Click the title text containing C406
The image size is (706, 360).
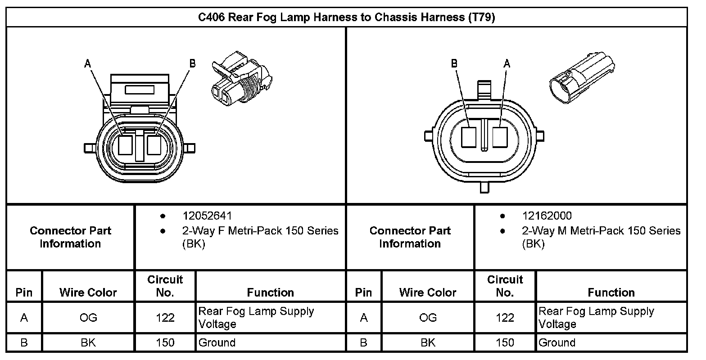tap(347, 18)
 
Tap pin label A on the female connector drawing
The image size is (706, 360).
tap(88, 64)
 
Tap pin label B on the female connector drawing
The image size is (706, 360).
tap(193, 63)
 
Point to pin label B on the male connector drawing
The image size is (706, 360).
tap(454, 63)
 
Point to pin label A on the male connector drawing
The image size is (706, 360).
tap(507, 63)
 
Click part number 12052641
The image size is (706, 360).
tap(207, 216)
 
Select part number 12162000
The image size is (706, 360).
tap(547, 216)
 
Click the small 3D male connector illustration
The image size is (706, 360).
tap(581, 78)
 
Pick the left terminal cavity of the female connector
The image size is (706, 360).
tap(125, 145)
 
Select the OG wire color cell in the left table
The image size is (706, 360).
tap(88, 318)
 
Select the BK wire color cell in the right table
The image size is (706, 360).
tap(428, 342)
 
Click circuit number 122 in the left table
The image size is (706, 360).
tap(165, 318)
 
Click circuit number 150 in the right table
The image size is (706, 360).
tap(505, 342)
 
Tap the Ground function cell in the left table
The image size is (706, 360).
tap(217, 342)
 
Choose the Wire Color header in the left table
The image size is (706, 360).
tap(88, 292)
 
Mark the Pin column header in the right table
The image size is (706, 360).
tap(363, 292)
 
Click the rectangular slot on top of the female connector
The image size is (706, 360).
tap(140, 90)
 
